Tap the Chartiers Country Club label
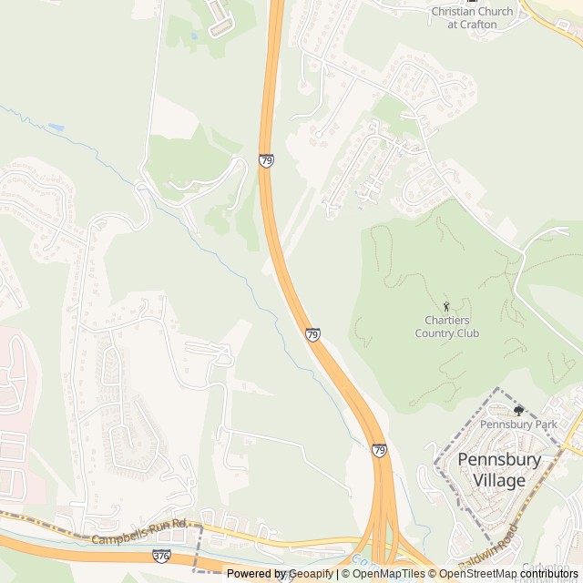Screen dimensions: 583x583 coord(446,326)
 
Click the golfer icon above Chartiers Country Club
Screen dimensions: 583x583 coord(446,306)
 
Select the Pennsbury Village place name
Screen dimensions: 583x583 coord(498,469)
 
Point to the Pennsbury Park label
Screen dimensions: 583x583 coord(517,424)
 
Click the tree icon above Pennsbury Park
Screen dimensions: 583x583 coord(518,411)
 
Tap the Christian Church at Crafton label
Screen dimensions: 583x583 coord(472,17)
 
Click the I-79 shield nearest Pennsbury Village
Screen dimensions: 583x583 coord(379,450)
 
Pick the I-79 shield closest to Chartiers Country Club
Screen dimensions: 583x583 coord(312,335)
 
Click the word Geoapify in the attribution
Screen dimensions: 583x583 coord(311,574)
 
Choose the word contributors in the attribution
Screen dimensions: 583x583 coord(548,574)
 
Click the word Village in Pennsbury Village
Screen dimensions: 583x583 coord(498,480)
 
